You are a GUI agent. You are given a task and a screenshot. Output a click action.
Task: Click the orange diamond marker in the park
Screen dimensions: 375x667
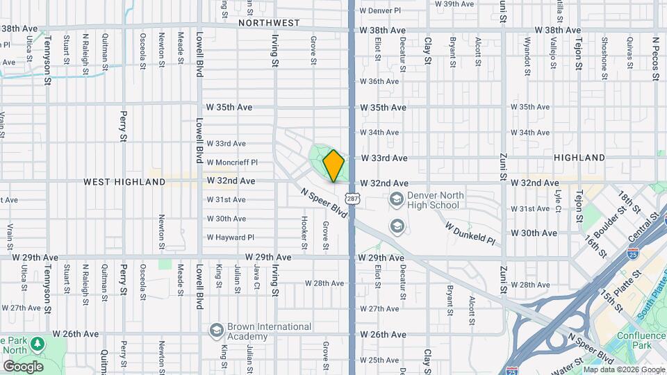(333, 166)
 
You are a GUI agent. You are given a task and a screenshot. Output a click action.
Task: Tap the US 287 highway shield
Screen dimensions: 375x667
(353, 199)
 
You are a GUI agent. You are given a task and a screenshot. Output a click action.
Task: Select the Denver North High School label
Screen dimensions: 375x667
(434, 200)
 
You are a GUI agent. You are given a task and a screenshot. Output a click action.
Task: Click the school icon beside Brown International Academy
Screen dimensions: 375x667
(215, 329)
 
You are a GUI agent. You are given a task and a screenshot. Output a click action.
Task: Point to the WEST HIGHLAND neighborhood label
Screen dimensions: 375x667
(124, 182)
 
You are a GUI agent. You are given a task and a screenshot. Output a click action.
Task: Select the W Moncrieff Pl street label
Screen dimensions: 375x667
(232, 162)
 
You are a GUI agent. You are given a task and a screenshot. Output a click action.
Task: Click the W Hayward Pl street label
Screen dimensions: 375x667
(231, 237)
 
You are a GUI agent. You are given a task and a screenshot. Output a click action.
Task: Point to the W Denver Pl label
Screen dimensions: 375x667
(380, 10)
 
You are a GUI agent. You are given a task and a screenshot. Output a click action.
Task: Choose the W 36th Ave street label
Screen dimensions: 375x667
(379, 81)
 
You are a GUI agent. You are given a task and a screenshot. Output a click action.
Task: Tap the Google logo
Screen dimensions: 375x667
(23, 366)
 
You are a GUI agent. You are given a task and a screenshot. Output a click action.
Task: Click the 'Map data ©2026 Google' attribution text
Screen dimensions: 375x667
(623, 370)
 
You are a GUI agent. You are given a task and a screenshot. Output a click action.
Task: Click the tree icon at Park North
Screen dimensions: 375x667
(38, 344)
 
